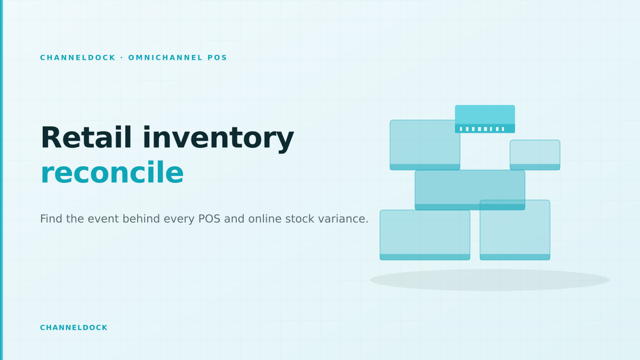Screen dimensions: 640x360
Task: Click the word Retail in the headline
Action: click(x=86, y=138)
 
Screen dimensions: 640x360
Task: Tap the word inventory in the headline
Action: click(x=219, y=139)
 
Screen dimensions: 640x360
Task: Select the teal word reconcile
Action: click(x=112, y=172)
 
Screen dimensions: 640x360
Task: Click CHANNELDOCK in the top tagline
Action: click(x=78, y=58)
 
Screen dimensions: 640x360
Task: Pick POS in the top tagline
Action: click(x=217, y=58)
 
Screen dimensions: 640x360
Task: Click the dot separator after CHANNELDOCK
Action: click(x=122, y=58)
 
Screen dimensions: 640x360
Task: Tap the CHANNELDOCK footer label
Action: click(x=74, y=327)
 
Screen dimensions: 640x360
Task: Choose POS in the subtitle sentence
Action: click(x=209, y=219)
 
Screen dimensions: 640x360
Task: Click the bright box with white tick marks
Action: click(x=485, y=119)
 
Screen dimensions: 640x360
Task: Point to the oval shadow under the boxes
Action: click(x=490, y=280)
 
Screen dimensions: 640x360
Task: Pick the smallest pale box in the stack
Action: click(x=535, y=155)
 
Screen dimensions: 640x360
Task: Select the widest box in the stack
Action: click(x=470, y=190)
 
